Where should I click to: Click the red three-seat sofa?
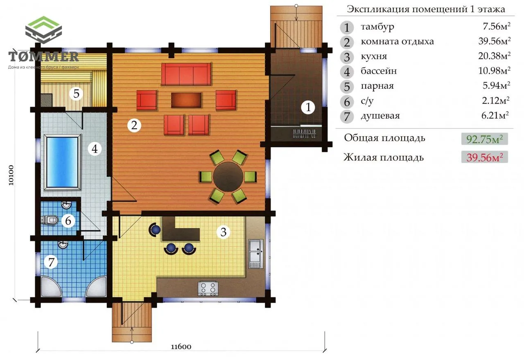click(186, 74)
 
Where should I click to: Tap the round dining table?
click(228, 177)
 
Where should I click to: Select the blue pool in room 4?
click(63, 162)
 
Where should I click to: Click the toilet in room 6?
click(50, 220)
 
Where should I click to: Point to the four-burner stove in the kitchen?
click(208, 288)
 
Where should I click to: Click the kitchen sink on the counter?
click(256, 253)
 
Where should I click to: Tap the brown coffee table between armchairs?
click(186, 100)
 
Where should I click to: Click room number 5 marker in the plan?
click(76, 94)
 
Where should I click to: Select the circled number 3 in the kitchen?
click(224, 232)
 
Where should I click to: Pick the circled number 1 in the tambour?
click(308, 107)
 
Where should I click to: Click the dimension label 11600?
click(181, 346)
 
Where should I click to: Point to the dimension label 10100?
click(11, 175)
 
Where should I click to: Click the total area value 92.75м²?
click(484, 139)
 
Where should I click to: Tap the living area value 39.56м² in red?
click(484, 157)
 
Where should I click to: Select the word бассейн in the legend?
click(379, 71)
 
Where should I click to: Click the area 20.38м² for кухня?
click(494, 56)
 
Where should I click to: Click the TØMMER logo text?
click(43, 56)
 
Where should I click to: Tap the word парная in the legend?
click(377, 86)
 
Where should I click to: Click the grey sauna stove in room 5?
click(46, 100)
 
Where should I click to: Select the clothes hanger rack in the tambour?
click(305, 134)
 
